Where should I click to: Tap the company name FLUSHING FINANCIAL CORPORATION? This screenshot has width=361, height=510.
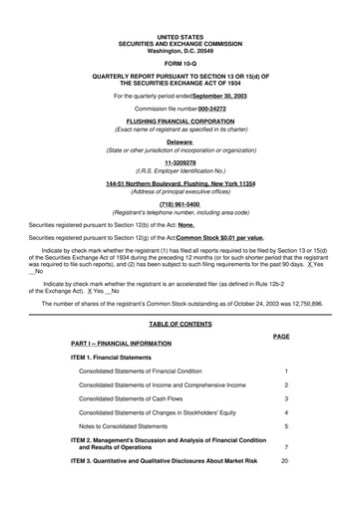[180, 122]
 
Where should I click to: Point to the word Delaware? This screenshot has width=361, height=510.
[180, 142]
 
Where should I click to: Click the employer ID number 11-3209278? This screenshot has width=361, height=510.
[180, 163]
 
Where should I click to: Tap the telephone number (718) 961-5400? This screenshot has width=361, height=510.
[180, 204]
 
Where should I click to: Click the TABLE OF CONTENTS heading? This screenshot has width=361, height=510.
[180, 325]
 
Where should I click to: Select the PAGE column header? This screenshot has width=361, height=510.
[280, 338]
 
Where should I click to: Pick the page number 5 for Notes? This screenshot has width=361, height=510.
[286, 425]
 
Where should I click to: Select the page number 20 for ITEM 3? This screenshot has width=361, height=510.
[285, 461]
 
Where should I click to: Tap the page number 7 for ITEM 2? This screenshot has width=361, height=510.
[286, 446]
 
